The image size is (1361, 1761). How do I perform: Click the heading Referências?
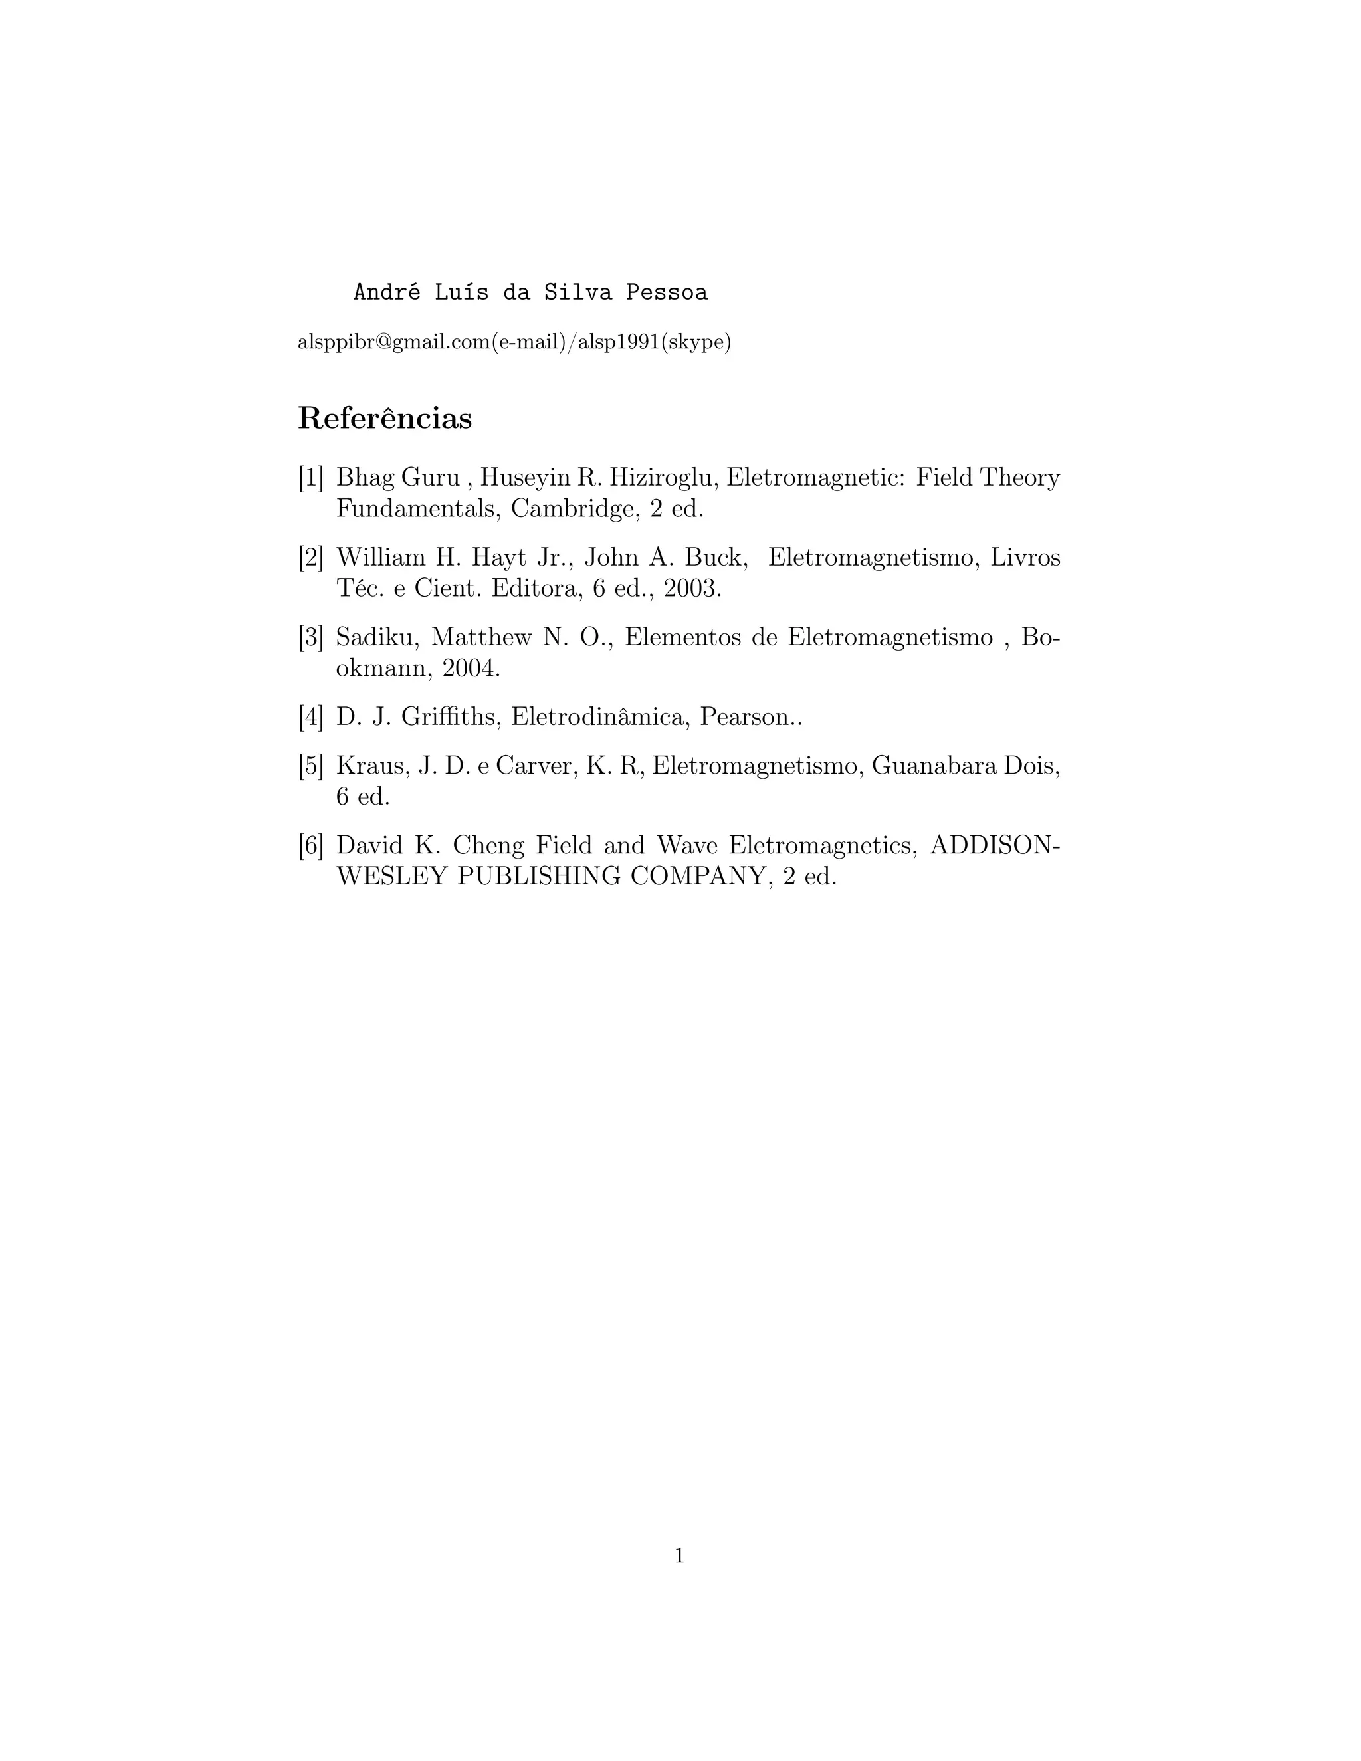point(385,419)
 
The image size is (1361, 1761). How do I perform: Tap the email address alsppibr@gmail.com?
point(393,342)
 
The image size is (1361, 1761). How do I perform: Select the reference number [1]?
point(311,478)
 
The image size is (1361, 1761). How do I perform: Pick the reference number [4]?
point(311,717)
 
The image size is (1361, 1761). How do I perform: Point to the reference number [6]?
point(311,845)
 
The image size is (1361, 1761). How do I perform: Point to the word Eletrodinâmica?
point(598,717)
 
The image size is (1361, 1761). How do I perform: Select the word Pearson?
point(746,717)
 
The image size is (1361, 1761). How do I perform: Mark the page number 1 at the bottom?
point(680,1556)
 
